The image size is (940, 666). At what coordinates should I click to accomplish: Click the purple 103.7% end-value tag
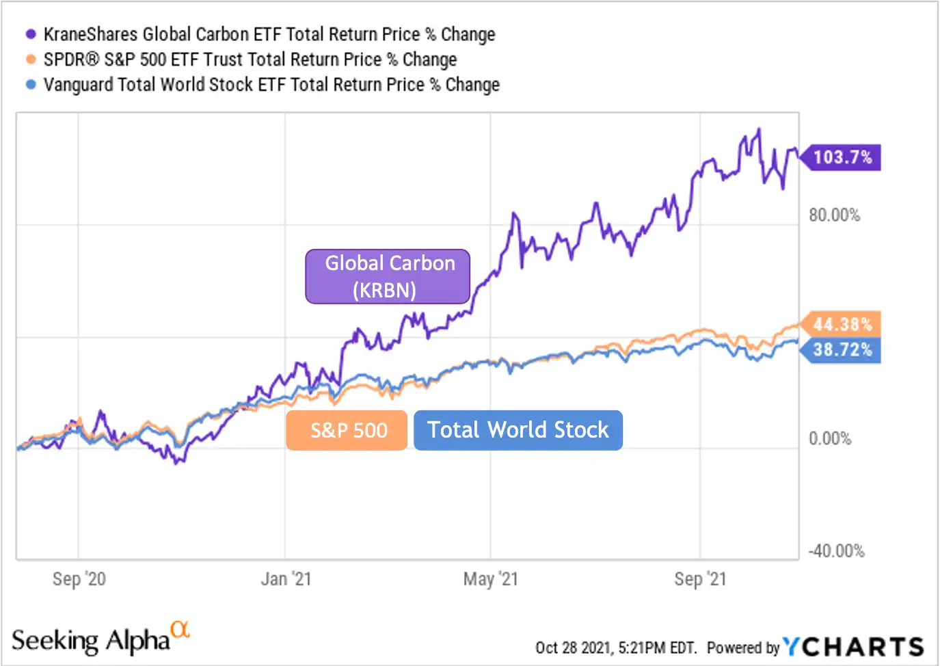coord(842,157)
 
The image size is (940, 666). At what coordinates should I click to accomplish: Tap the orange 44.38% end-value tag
coord(842,324)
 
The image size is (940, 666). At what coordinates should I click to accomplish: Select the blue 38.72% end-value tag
coord(842,350)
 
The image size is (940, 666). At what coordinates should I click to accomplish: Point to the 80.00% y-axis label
coord(834,215)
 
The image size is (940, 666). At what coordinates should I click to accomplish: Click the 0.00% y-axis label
coord(830,438)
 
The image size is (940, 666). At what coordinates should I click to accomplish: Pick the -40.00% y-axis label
coord(836,551)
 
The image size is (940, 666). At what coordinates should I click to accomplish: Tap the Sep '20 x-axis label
coord(79,579)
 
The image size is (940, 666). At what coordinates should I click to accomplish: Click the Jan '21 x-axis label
coord(286,579)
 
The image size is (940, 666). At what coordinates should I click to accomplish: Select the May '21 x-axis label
coord(491,579)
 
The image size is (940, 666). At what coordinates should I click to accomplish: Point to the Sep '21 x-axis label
coord(700,579)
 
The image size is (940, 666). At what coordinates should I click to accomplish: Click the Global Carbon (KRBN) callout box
coord(388,276)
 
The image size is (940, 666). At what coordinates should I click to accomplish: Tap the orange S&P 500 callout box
coord(347,430)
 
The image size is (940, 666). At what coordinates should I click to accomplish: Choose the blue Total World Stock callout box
coord(518,430)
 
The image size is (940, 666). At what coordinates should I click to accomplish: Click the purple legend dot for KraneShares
coord(31,34)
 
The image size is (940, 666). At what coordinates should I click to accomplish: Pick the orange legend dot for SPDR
coord(31,59)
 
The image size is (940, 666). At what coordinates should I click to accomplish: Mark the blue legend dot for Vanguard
coord(31,85)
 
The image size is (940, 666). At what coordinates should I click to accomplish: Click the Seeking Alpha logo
coord(100,639)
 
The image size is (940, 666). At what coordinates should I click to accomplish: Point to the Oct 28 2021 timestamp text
coord(615,648)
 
